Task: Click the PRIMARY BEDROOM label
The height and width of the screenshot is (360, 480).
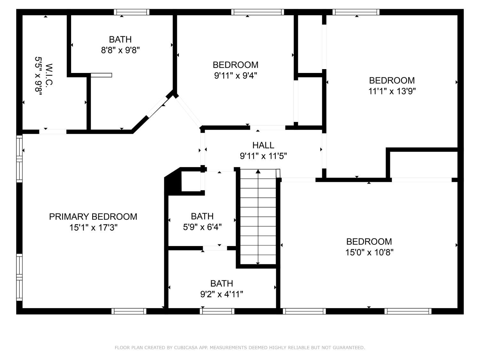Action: [x=93, y=217]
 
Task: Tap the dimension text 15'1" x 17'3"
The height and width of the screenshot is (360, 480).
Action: [x=93, y=228]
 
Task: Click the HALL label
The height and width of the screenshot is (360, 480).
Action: [x=263, y=145]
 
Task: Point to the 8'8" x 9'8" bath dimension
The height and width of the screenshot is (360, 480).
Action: [x=120, y=50]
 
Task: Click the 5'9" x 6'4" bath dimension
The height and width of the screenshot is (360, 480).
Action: [x=202, y=227]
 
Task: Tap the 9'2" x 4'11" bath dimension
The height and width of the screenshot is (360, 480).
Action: [x=221, y=294]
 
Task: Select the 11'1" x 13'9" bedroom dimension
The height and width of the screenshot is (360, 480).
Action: [x=392, y=91]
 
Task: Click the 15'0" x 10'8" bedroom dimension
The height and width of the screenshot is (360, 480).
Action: [x=369, y=252]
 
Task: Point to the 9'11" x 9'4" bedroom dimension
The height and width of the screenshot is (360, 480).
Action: [x=236, y=76]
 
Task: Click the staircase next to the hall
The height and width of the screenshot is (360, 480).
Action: [x=258, y=218]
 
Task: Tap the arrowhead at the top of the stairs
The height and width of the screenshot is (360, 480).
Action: [x=258, y=172]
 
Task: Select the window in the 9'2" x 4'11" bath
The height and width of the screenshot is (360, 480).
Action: [x=217, y=311]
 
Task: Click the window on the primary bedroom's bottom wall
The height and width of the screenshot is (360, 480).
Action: [x=129, y=311]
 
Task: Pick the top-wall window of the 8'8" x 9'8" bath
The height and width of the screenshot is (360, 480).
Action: [x=132, y=12]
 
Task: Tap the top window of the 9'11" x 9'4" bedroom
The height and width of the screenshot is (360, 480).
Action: [x=258, y=12]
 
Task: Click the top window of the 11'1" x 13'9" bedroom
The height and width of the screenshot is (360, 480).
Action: [x=356, y=12]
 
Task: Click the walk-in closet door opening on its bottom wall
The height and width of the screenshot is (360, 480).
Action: [x=53, y=132]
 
